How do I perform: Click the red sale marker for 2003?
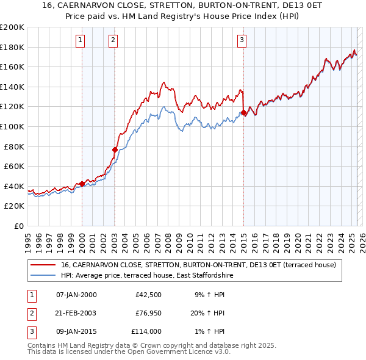click(115, 149)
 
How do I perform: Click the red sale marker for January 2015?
click(243, 112)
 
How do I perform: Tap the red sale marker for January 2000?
click(82, 183)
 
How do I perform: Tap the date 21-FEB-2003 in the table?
click(76, 313)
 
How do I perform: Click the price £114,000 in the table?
click(146, 331)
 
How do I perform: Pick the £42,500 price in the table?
click(148, 295)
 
